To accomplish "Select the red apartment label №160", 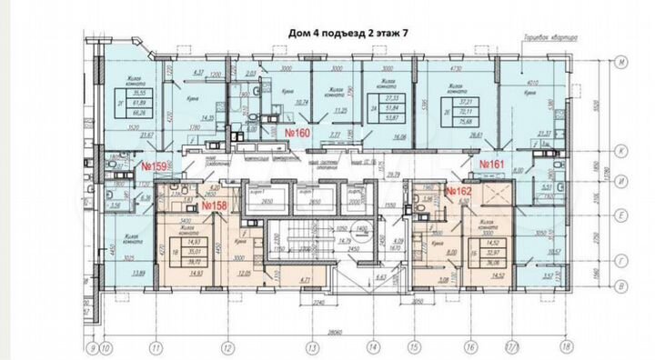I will pos(300,133).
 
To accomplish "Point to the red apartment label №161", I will pos(492,164).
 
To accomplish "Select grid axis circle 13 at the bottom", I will pos(311,346).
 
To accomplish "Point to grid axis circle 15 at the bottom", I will pos(412,346).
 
